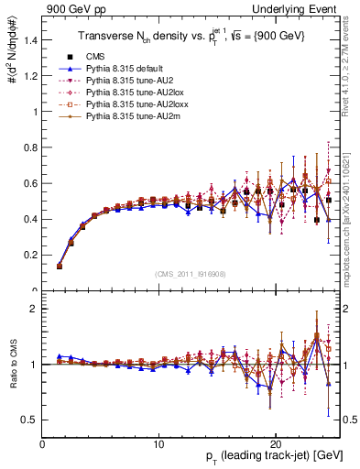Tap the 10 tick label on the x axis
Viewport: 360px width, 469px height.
click(158, 442)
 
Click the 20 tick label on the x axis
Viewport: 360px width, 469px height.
click(275, 442)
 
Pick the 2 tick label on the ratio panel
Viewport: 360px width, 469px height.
click(35, 309)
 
